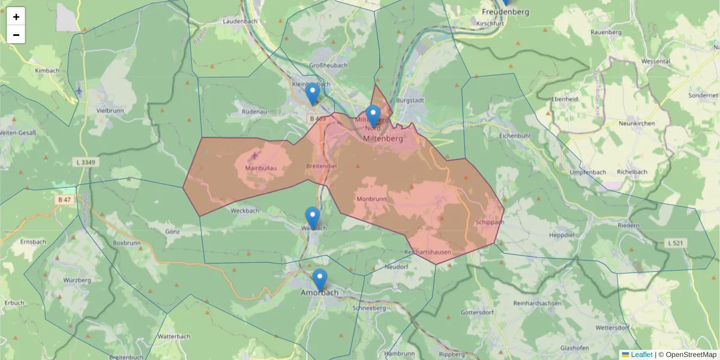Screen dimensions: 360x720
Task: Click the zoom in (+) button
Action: (x=16, y=17)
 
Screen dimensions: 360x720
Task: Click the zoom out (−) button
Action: (x=16, y=35)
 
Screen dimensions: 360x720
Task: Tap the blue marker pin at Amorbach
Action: (x=320, y=280)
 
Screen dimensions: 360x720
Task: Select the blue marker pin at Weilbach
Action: (x=312, y=217)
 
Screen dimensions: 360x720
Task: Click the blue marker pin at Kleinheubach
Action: (x=312, y=94)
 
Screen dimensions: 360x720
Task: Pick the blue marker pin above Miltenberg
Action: (x=373, y=115)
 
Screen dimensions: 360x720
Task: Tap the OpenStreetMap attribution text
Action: (x=691, y=355)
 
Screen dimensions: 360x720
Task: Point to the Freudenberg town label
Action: (x=505, y=12)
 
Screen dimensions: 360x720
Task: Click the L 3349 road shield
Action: (x=88, y=162)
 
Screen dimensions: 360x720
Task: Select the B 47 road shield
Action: (x=64, y=199)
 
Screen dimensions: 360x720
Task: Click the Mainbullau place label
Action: (x=261, y=168)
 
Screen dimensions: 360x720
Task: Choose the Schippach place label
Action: (x=489, y=222)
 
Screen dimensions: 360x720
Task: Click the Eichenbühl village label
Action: (x=515, y=136)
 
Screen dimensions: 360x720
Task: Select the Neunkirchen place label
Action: (x=637, y=123)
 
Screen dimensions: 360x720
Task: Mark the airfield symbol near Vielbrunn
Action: (x=80, y=91)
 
